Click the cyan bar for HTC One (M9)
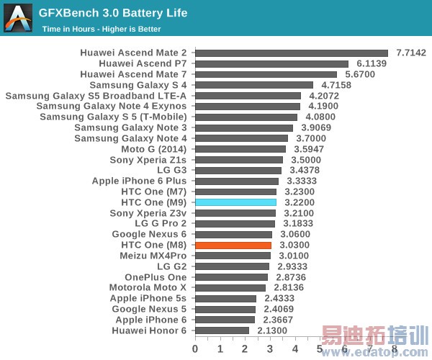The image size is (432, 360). tap(235, 202)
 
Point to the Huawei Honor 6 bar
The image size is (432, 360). tap(222, 330)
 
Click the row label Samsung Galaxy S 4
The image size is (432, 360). tap(138, 85)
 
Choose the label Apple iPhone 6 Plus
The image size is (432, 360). tap(139, 181)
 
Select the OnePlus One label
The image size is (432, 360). tap(156, 277)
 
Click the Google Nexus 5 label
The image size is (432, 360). tap(149, 309)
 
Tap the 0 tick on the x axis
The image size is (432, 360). tap(195, 348)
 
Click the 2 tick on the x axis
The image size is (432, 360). tap(245, 348)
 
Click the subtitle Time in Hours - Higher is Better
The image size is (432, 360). tap(102, 30)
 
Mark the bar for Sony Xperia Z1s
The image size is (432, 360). tap(239, 160)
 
